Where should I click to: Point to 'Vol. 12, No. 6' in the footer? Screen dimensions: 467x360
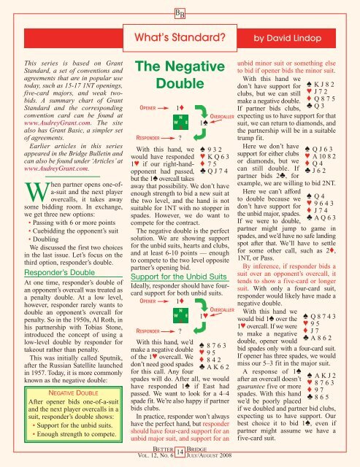139,458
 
